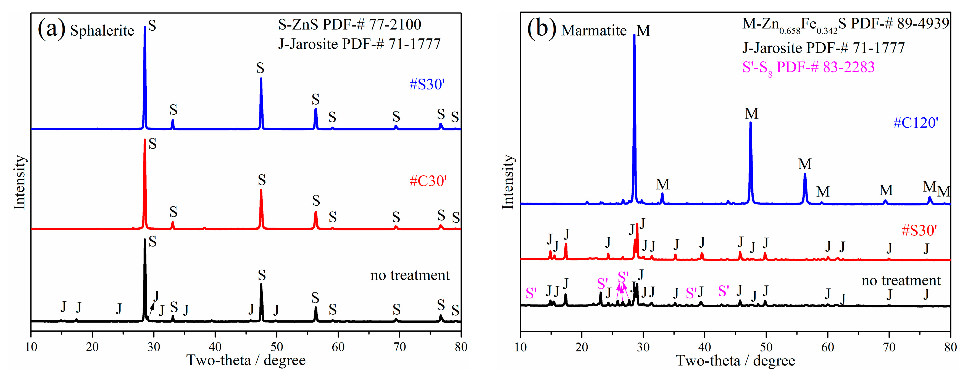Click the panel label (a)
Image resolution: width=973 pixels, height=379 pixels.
(x=51, y=29)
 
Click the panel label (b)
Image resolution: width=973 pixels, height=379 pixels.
(x=541, y=29)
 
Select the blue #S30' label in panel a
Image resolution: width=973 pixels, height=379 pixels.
(x=427, y=84)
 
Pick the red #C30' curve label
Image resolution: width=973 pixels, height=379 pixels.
(x=428, y=181)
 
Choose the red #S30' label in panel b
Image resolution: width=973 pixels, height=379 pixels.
(x=919, y=230)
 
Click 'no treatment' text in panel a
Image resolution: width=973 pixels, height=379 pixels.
(x=410, y=275)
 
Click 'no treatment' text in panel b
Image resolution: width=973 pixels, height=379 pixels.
(x=901, y=280)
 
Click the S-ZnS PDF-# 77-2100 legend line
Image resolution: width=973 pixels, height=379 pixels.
(x=349, y=25)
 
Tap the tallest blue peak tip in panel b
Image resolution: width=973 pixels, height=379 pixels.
(x=634, y=35)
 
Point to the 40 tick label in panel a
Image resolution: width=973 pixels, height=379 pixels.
(x=215, y=346)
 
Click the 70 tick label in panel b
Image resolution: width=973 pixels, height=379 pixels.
(x=889, y=346)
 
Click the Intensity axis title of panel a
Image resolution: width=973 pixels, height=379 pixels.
(x=19, y=182)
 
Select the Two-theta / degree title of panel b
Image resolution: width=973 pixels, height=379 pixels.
(x=735, y=361)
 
